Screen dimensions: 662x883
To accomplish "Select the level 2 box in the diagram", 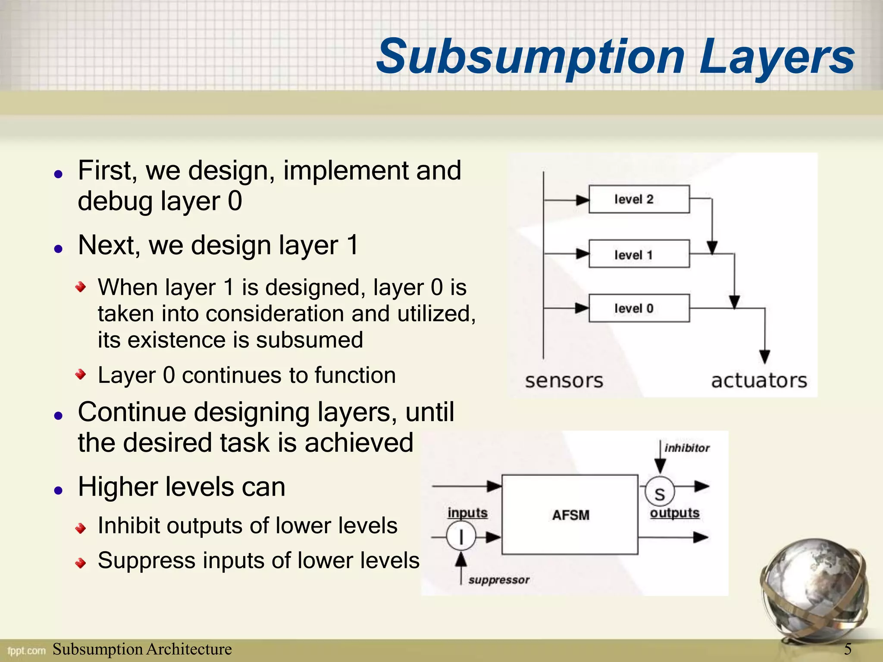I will point(639,199).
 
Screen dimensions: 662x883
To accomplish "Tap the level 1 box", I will point(639,254).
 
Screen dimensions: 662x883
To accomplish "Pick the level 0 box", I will point(639,308).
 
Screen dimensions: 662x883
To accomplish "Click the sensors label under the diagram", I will point(564,381).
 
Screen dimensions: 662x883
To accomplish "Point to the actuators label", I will point(759,381).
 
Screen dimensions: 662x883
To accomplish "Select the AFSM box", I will point(570,515).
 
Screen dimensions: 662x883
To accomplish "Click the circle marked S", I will point(660,493).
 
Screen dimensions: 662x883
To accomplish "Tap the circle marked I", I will point(461,537).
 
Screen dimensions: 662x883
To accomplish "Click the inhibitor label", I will point(687,448).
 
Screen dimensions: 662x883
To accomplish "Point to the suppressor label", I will point(499,580).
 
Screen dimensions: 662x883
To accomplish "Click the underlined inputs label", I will point(467,513).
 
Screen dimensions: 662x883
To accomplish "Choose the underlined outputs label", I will point(675,513).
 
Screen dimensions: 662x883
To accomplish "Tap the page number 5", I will point(848,649).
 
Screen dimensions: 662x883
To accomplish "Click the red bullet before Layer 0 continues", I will point(81,374).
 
